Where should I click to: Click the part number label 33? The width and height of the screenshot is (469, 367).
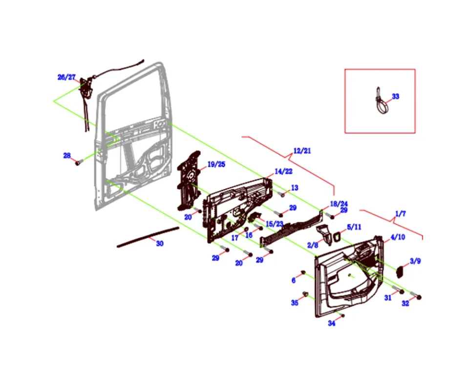pyautogui.click(x=395, y=96)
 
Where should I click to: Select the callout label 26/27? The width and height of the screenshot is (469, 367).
pyautogui.click(x=66, y=77)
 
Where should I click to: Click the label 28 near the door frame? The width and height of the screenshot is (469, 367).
pyautogui.click(x=67, y=156)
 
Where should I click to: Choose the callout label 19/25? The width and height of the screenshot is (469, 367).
pyautogui.click(x=216, y=164)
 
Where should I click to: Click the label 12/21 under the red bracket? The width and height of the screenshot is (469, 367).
pyautogui.click(x=302, y=150)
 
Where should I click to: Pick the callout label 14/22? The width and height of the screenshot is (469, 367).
pyautogui.click(x=283, y=171)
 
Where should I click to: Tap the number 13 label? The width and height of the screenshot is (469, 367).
pyautogui.click(x=294, y=188)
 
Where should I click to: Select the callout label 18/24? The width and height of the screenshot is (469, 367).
pyautogui.click(x=339, y=204)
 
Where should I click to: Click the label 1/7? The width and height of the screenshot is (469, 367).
pyautogui.click(x=400, y=214)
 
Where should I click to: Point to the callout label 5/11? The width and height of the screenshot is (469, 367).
pyautogui.click(x=354, y=227)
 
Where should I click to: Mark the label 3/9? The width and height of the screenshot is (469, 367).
pyautogui.click(x=415, y=261)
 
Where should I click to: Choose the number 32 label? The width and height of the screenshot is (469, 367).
pyautogui.click(x=405, y=303)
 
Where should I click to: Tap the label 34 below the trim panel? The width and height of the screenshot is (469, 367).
pyautogui.click(x=331, y=323)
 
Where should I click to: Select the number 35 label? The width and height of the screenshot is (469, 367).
pyautogui.click(x=295, y=303)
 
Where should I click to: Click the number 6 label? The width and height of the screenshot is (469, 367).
pyautogui.click(x=294, y=280)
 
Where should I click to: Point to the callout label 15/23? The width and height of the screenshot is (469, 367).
pyautogui.click(x=274, y=224)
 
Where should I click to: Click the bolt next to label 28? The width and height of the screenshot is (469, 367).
pyautogui.click(x=77, y=163)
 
